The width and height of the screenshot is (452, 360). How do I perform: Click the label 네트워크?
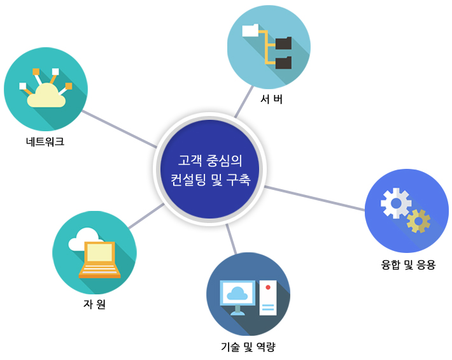pos(41,141)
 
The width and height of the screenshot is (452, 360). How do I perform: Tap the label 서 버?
pos(271,99)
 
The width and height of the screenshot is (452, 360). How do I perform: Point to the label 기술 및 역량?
pos(248,347)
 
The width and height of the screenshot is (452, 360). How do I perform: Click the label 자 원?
pos(94,304)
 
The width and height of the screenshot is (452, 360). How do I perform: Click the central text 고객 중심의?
pos(209,159)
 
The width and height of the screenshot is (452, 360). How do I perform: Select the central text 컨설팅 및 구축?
pos(209,180)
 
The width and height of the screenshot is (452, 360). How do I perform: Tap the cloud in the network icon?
pos(46,97)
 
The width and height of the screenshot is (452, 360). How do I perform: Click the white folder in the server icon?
pos(250,30)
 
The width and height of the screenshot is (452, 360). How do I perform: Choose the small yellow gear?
pos(418,220)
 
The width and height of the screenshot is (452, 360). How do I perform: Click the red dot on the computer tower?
pos(268,288)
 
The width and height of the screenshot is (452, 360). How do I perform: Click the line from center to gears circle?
pos(315,198)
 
